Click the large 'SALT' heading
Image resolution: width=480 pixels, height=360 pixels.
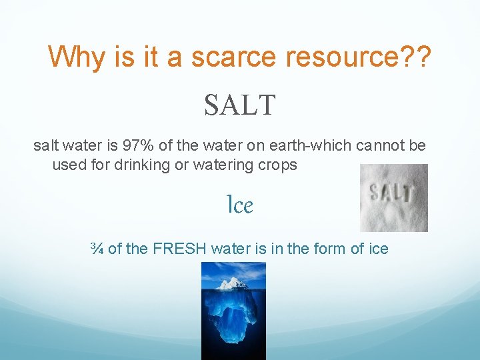click(x=239, y=105)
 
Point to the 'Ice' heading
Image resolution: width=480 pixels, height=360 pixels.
click(x=240, y=205)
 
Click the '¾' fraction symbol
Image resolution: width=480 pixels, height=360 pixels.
click(x=97, y=249)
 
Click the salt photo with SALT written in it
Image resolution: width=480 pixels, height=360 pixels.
click(x=393, y=198)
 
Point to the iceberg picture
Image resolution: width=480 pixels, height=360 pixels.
click(x=233, y=311)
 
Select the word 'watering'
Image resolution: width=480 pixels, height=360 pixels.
click(x=225, y=165)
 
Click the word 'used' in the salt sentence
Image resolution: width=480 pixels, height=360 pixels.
click(x=68, y=165)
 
